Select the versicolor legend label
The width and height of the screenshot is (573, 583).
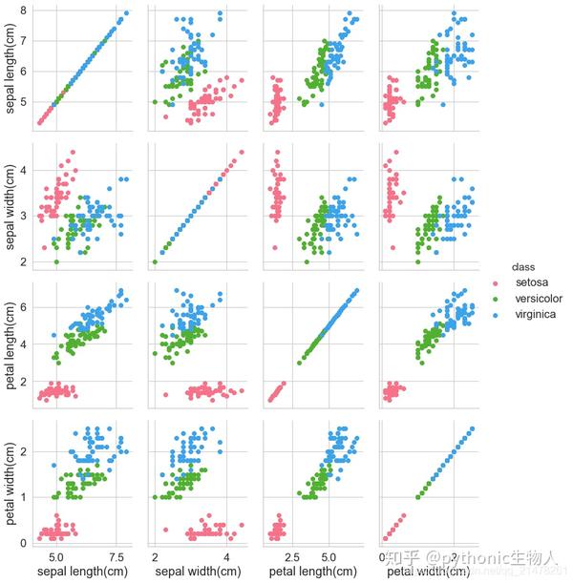(539, 299)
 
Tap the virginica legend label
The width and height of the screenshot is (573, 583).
(537, 314)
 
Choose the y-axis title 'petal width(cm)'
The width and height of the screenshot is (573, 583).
(11, 479)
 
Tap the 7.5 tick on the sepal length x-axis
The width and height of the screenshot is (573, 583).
(117, 554)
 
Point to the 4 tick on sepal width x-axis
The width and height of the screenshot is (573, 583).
(226, 554)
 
